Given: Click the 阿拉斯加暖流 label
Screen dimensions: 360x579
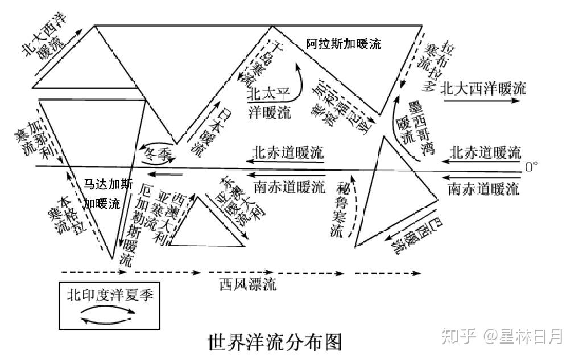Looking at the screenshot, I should click(x=343, y=43).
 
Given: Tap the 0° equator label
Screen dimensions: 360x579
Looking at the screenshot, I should click(x=531, y=167).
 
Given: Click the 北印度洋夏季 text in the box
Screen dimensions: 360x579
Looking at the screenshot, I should click(x=110, y=295).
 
